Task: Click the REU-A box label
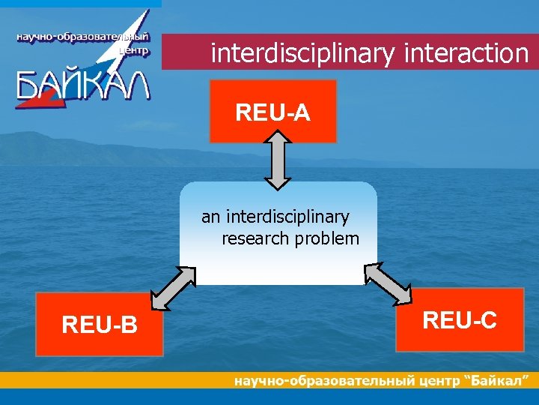272,112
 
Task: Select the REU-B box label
100,325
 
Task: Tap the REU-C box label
459,320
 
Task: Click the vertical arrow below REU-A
278,160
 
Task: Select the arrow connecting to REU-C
387,283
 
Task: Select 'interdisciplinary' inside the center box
287,217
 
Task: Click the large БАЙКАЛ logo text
82,84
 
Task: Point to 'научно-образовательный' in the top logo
83,37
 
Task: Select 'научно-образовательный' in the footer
323,381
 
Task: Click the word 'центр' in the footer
438,381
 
